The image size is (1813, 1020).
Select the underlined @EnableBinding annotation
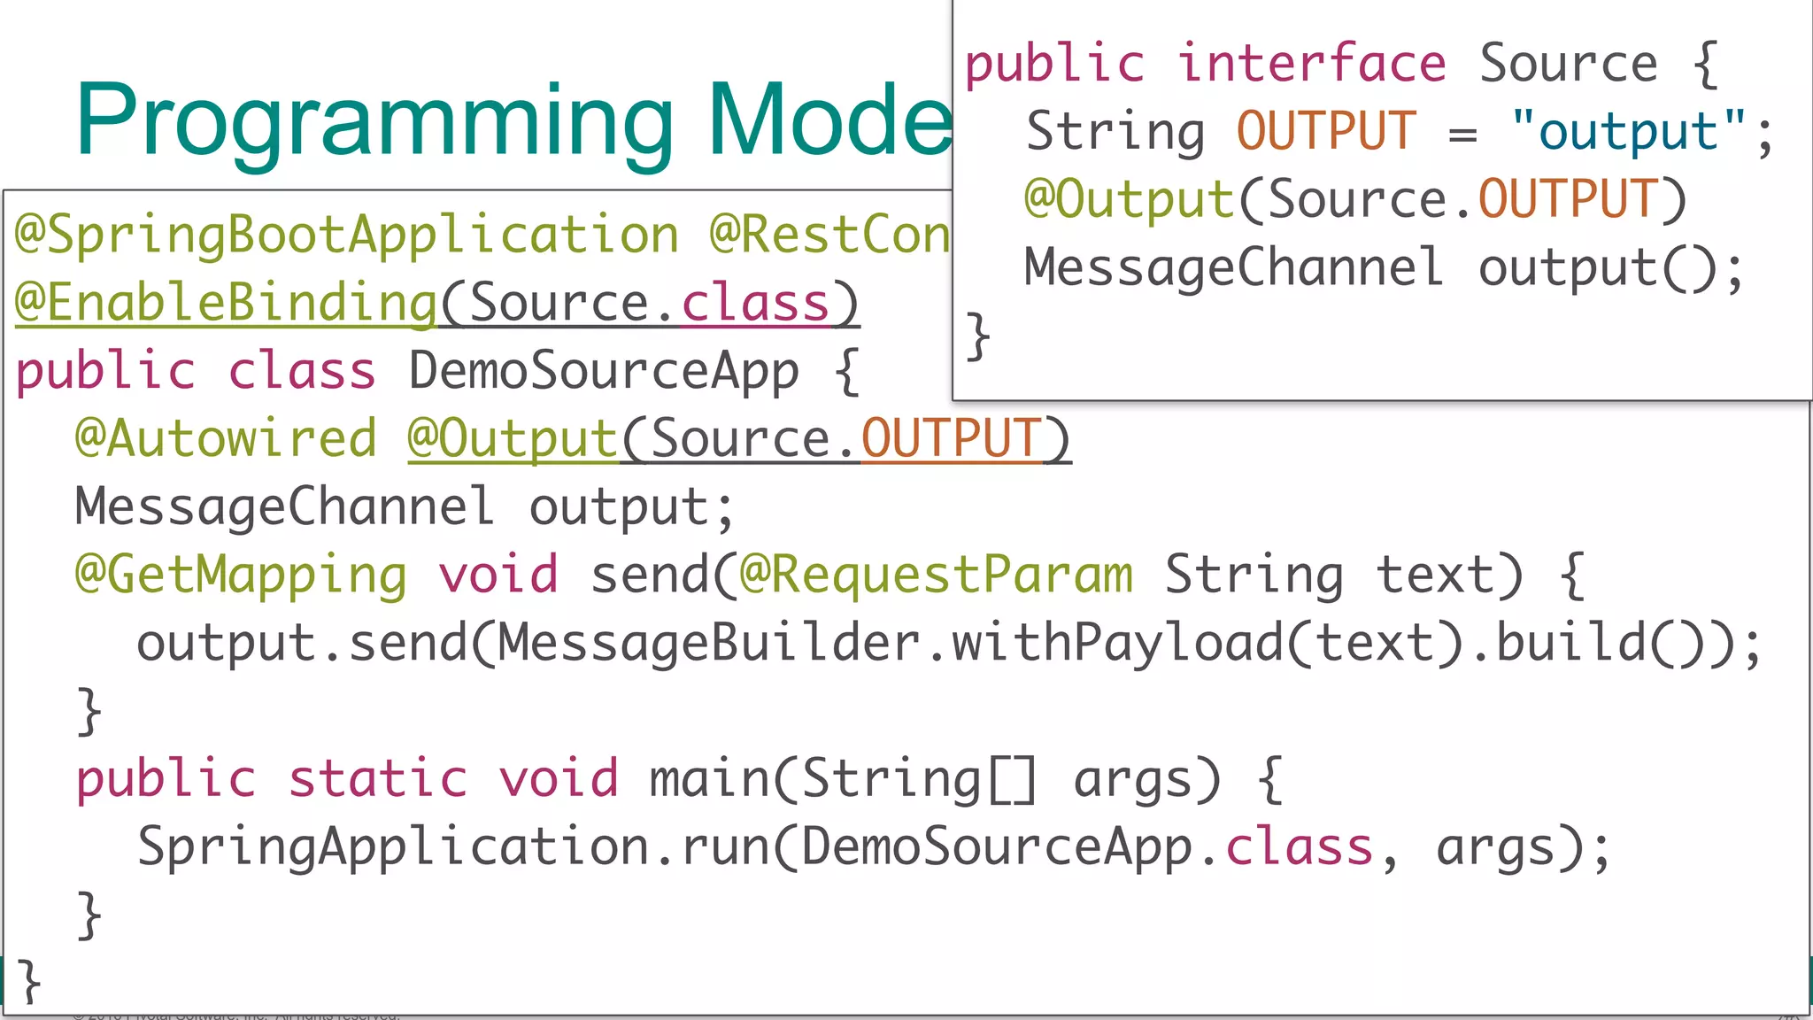coord(227,303)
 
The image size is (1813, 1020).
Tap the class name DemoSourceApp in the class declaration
coord(603,371)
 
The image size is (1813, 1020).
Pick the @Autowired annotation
coord(227,439)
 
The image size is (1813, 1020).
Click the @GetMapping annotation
coord(241,576)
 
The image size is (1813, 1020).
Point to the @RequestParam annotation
coord(936,576)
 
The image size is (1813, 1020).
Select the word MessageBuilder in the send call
coord(708,644)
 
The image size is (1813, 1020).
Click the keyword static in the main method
coord(378,780)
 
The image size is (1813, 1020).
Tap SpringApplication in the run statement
coord(395,848)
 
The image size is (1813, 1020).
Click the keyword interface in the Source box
coord(1311,65)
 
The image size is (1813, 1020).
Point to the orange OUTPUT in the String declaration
coord(1326,132)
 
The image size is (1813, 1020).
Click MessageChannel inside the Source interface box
coord(1233,268)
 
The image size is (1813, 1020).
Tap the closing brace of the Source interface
coord(977,336)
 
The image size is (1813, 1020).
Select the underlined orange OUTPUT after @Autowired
coord(951,439)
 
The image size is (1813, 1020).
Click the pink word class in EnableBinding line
coord(755,303)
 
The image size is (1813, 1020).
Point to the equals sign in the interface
coord(1462,134)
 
